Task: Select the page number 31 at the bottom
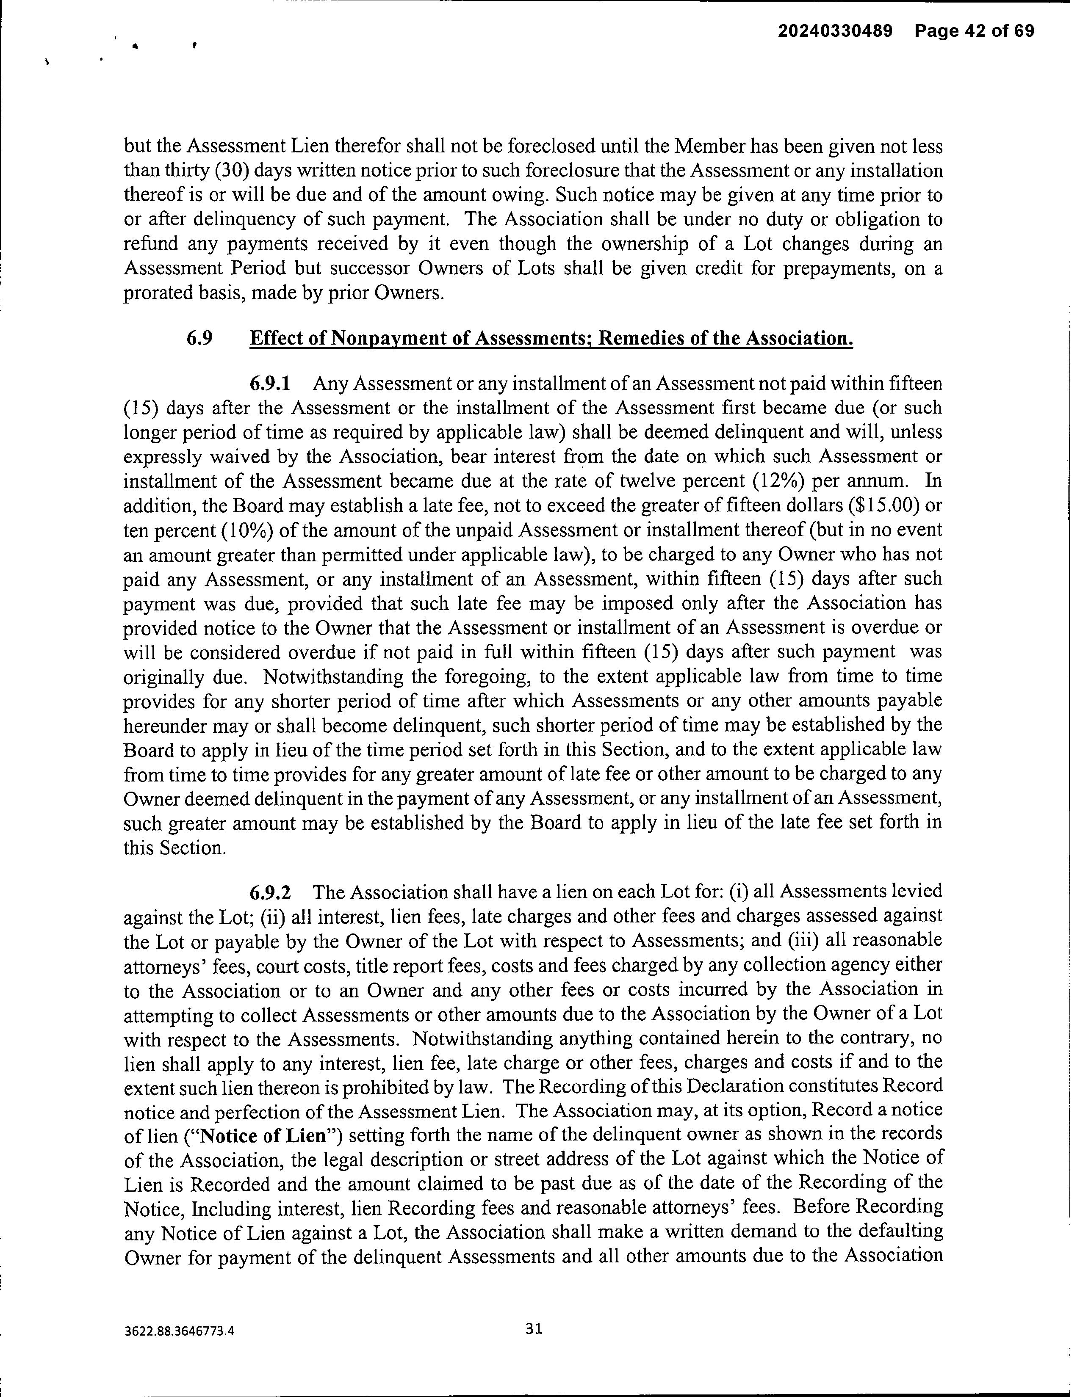[534, 1328]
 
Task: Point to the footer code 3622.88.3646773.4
[180, 1331]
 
